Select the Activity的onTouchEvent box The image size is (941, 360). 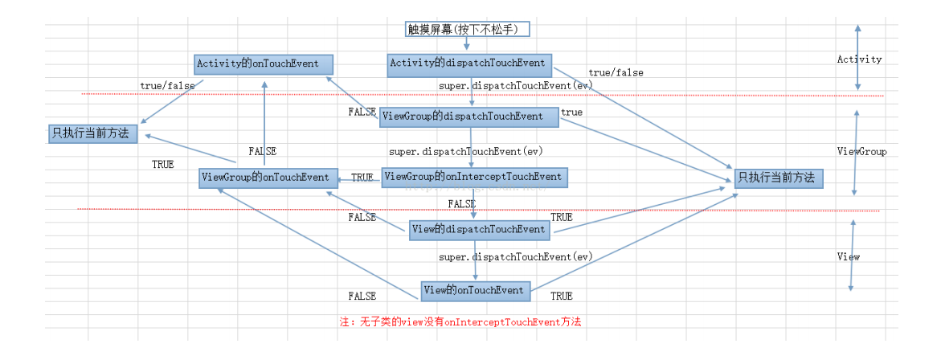(x=264, y=63)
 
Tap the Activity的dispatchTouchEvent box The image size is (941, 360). (x=469, y=63)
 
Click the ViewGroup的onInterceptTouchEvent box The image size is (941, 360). (x=474, y=177)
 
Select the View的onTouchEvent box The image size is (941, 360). (x=476, y=290)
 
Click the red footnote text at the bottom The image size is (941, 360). (x=460, y=321)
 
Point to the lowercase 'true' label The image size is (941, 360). (x=572, y=112)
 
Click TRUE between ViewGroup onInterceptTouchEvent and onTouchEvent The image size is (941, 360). (x=362, y=178)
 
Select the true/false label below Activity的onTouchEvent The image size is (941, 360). (x=167, y=85)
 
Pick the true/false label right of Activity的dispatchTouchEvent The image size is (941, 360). (x=616, y=73)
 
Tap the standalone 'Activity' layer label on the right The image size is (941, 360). (x=859, y=59)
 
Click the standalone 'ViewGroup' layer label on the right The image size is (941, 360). (x=861, y=151)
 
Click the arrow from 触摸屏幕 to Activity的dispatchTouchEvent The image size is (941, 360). (x=466, y=44)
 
